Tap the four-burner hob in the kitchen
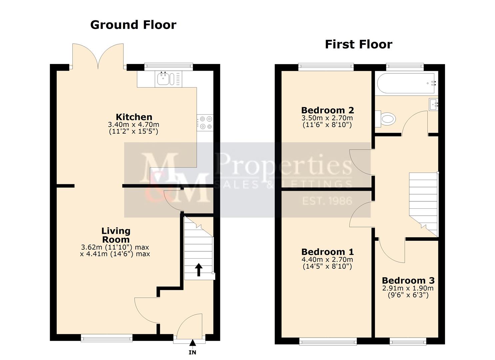tap(205, 122)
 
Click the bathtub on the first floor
tap(406, 83)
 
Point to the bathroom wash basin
tap(433, 105)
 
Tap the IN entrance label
tap(192, 352)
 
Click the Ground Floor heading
tap(133, 25)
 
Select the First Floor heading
tap(358, 44)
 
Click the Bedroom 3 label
tap(408, 280)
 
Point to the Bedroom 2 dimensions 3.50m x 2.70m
tap(327, 118)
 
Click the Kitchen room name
tap(134, 117)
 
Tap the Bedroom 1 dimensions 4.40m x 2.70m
tap(327, 259)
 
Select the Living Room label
tap(116, 235)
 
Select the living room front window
tap(107, 338)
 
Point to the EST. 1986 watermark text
tap(327, 201)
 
